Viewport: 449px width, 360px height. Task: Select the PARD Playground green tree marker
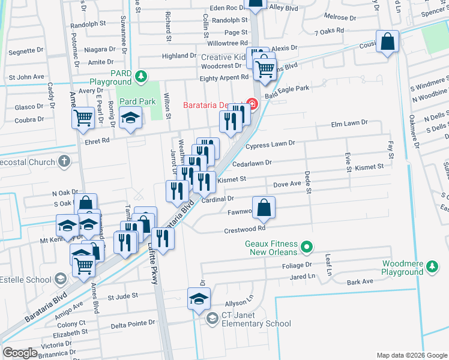click(140, 77)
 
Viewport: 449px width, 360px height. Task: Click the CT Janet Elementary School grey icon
click(211, 318)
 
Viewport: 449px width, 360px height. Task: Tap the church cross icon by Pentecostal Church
click(64, 161)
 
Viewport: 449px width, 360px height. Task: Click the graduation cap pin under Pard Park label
click(130, 118)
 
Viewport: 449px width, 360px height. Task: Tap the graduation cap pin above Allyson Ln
click(199, 299)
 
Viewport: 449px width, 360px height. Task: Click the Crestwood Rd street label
click(244, 229)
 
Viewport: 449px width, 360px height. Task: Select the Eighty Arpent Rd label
click(224, 77)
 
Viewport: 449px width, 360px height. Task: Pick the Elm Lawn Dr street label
click(349, 124)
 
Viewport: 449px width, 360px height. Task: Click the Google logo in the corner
click(20, 353)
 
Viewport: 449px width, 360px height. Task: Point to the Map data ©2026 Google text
click(411, 355)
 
